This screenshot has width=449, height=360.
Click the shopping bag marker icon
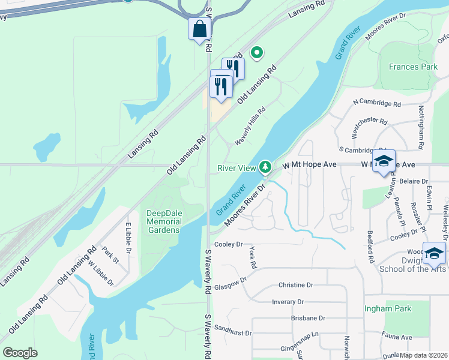[x=199, y=29]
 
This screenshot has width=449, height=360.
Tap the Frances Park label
[x=413, y=67]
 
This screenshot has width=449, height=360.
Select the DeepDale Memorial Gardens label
[x=163, y=221]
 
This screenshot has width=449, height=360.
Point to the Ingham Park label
[x=388, y=309]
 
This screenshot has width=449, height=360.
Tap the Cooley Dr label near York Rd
[x=228, y=244]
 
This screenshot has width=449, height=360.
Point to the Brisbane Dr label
[x=308, y=318]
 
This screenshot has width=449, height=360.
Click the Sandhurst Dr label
[x=232, y=329]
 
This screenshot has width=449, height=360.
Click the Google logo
[x=20, y=353]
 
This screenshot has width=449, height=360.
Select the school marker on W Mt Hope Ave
[x=384, y=161]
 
